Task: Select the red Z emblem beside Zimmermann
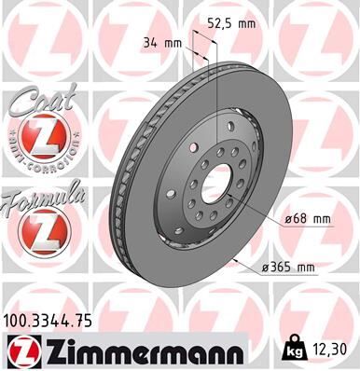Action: [21, 350]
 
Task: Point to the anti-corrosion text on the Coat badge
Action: [39, 156]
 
